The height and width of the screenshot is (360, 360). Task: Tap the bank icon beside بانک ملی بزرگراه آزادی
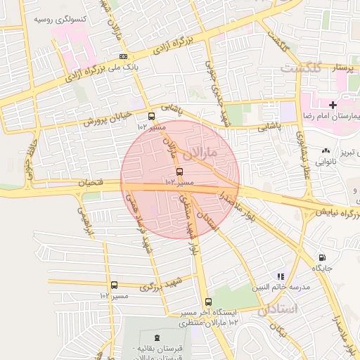click(x=124, y=56)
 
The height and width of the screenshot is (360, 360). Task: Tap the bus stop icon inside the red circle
click(x=179, y=172)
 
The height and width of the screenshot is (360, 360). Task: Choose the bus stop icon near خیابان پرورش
click(x=151, y=117)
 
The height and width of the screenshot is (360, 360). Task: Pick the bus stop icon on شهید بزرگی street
click(x=115, y=285)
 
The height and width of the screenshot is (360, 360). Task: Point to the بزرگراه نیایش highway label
click(x=337, y=210)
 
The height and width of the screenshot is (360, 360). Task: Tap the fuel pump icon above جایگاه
click(x=323, y=258)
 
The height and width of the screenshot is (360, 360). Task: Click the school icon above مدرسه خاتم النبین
click(x=281, y=276)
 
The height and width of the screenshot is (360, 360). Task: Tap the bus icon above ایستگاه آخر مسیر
click(x=207, y=302)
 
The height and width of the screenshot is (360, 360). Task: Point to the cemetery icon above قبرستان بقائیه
click(x=157, y=339)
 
